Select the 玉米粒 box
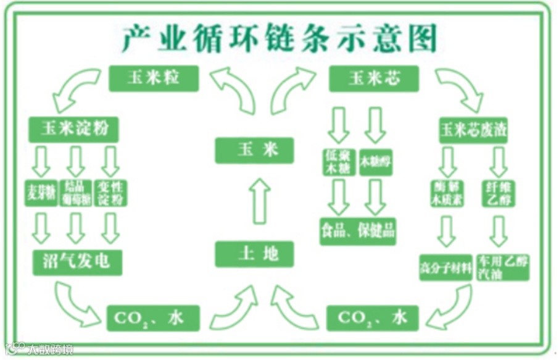[x=154, y=78]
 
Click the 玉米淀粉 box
[x=73, y=129]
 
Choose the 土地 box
[x=254, y=254]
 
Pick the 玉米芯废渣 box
[x=473, y=130]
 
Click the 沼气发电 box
[x=77, y=262]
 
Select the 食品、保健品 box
[x=358, y=232]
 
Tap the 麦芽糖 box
[x=41, y=194]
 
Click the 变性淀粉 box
[x=111, y=193]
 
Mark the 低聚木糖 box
[x=339, y=162]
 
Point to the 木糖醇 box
[x=375, y=162]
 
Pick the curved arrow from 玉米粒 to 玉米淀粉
[x=75, y=90]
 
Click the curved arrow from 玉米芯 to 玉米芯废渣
[x=459, y=86]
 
